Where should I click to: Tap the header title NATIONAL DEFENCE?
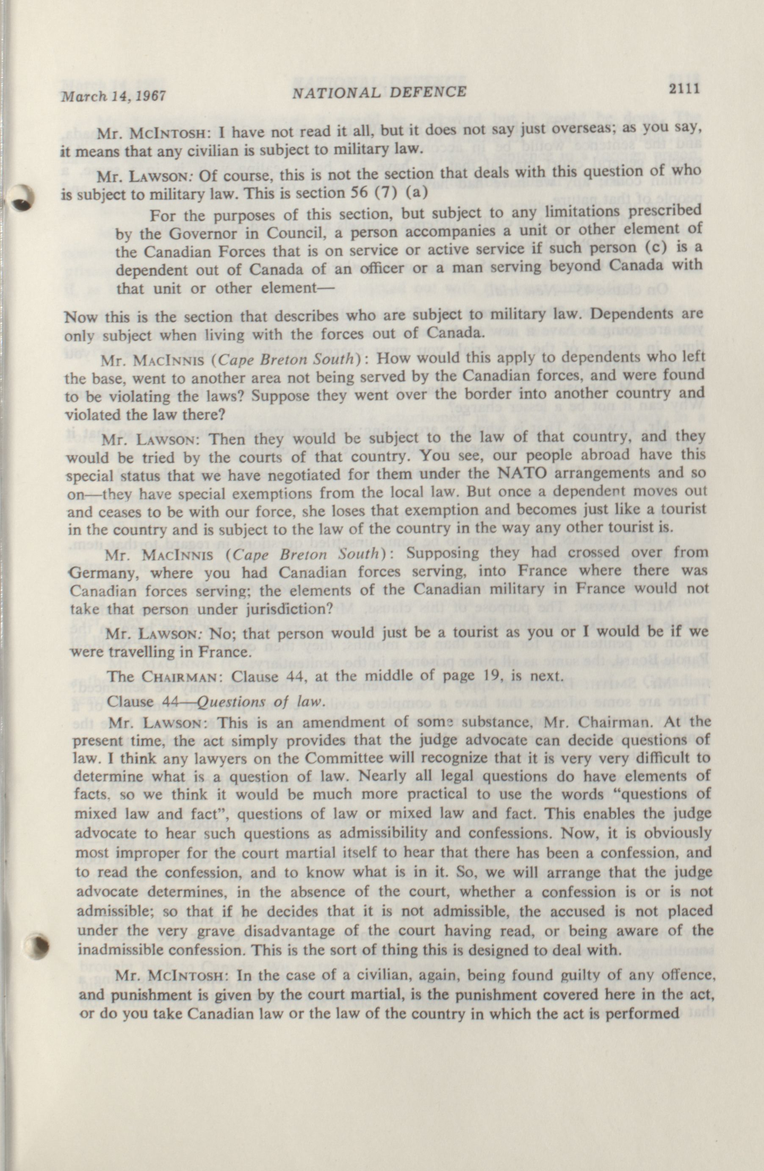point(379,92)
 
